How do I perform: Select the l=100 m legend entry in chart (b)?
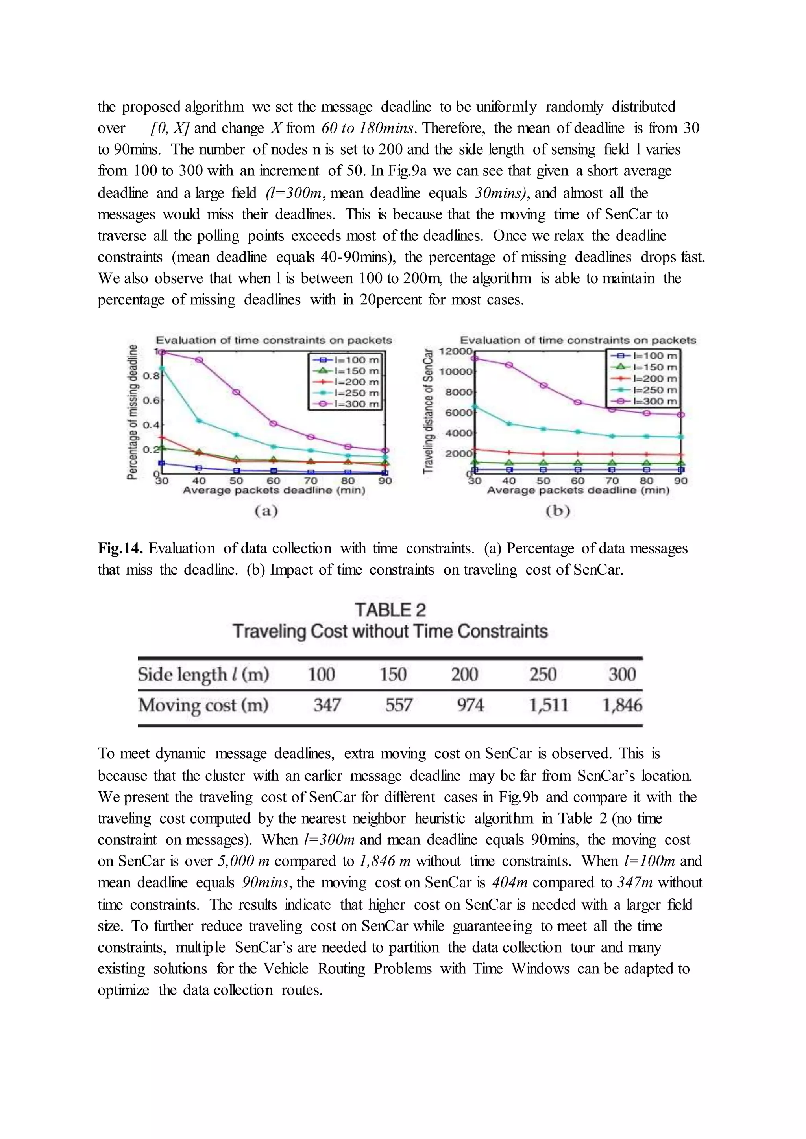click(x=643, y=356)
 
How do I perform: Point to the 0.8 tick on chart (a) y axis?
click(x=151, y=376)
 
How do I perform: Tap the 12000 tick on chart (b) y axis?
click(x=455, y=351)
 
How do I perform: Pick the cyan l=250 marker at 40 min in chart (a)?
click(x=199, y=421)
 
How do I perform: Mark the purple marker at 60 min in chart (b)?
click(x=578, y=402)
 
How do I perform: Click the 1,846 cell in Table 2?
click(x=621, y=705)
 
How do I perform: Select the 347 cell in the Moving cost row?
click(x=327, y=705)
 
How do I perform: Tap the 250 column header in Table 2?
click(x=542, y=674)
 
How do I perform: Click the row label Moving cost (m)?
click(x=203, y=705)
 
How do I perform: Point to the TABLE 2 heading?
click(x=390, y=610)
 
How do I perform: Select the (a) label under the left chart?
click(x=266, y=511)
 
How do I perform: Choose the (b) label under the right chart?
click(x=558, y=511)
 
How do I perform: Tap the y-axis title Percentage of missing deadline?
click(x=132, y=411)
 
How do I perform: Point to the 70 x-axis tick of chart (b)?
click(x=612, y=481)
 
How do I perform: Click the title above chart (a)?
click(x=274, y=340)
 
